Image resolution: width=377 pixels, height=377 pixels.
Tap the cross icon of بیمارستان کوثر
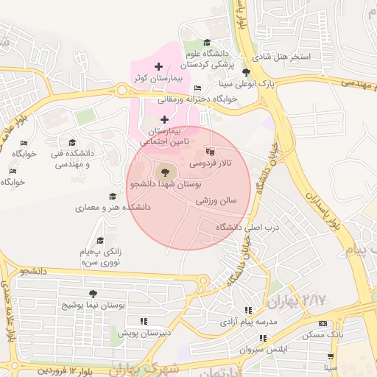point(158,67)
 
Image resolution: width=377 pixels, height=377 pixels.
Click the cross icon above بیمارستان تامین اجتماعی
point(163,119)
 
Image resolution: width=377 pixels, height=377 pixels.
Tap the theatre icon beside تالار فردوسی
point(202,152)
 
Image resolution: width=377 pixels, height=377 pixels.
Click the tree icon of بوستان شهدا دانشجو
point(163,171)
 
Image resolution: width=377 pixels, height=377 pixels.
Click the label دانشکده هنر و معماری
point(113,208)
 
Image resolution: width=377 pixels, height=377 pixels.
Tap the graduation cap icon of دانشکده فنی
point(71,142)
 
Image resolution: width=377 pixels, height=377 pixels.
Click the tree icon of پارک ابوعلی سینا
point(246,72)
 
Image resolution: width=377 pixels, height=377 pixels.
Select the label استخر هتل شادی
point(281,57)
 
